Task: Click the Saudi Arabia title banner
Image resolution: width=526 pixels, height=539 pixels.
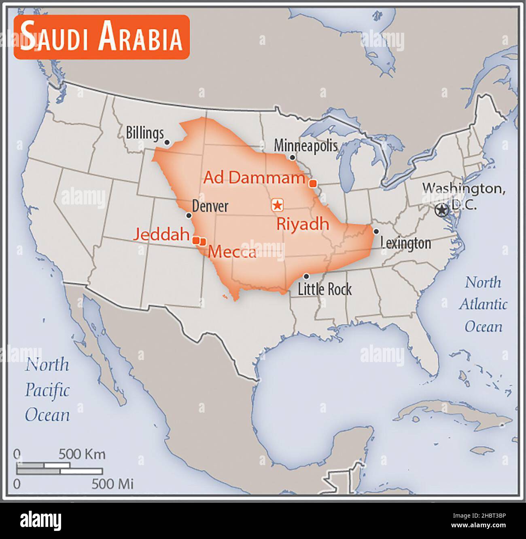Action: coord(102,38)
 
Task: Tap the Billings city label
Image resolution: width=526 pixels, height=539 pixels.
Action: coord(144,133)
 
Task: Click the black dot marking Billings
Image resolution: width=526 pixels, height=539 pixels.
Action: coord(167,142)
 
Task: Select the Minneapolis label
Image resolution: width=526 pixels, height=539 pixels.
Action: coord(305,145)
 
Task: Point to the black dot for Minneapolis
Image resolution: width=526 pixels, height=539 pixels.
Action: coord(292,157)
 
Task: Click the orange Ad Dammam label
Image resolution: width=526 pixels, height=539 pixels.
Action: coord(254,177)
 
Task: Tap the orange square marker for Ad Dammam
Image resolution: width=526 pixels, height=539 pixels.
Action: coord(312,184)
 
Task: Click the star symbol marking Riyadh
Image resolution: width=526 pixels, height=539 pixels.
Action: coord(277,205)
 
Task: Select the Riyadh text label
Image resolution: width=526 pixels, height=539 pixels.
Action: coord(302,224)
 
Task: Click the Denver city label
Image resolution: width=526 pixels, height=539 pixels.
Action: coord(210,206)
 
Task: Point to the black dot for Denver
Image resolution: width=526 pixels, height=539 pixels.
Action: coord(189,215)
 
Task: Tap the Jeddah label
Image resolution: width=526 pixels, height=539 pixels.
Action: coord(162,234)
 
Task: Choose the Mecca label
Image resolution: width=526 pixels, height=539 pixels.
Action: coord(232,252)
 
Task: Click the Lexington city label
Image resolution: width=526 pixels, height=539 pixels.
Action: coord(406,243)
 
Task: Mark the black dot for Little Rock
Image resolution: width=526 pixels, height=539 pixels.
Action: coord(306,276)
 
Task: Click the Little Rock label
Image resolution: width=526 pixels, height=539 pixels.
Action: coord(325,289)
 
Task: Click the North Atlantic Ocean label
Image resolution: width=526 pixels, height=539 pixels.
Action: coord(483,304)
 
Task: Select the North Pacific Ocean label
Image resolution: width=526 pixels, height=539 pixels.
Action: coord(47,390)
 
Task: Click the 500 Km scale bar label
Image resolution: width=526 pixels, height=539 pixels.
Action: coord(82,454)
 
